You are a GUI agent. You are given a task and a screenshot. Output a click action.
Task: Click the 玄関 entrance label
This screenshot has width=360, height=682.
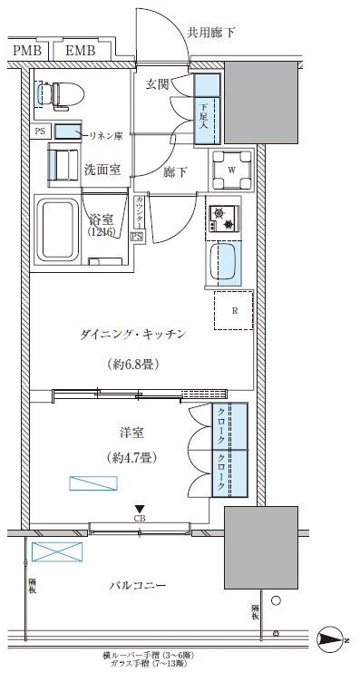(x=157, y=84)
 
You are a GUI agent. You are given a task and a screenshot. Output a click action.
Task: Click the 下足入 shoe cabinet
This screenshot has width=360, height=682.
(x=206, y=115)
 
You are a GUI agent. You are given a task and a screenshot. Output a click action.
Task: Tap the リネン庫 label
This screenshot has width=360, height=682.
(x=105, y=134)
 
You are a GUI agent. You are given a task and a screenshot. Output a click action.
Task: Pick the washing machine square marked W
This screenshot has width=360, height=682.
(x=232, y=168)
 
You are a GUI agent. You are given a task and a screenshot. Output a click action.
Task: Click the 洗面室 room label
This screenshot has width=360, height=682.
(x=102, y=169)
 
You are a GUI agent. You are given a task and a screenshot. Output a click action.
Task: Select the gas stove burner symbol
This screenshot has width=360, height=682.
(x=221, y=219)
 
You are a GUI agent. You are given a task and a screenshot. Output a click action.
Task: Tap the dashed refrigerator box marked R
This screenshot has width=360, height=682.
(x=234, y=311)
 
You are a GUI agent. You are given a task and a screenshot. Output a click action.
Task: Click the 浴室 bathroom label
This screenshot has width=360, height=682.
(x=100, y=219)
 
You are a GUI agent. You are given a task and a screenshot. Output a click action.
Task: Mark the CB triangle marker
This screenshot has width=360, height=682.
(x=139, y=509)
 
